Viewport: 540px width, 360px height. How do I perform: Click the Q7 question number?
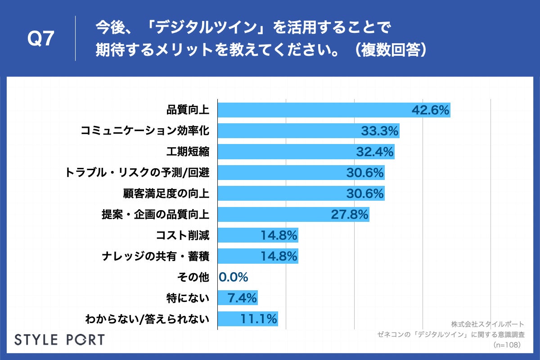pyautogui.click(x=41, y=40)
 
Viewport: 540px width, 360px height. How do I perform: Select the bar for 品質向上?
pyautogui.click(x=315, y=110)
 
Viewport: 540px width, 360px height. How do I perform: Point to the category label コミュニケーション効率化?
pyautogui.click(x=145, y=131)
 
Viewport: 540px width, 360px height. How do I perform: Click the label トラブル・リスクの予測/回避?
pyautogui.click(x=137, y=172)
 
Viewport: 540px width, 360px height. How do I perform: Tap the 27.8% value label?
pyautogui.click(x=350, y=214)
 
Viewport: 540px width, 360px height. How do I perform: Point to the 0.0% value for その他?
pyautogui.click(x=234, y=277)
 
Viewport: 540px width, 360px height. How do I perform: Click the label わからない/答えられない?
pyautogui.click(x=147, y=319)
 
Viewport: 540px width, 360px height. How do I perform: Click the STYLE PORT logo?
pyautogui.click(x=59, y=339)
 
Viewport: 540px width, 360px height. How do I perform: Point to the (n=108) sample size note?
pyautogui.click(x=507, y=345)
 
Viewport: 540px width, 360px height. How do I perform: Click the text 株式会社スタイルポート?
pyautogui.click(x=487, y=324)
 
